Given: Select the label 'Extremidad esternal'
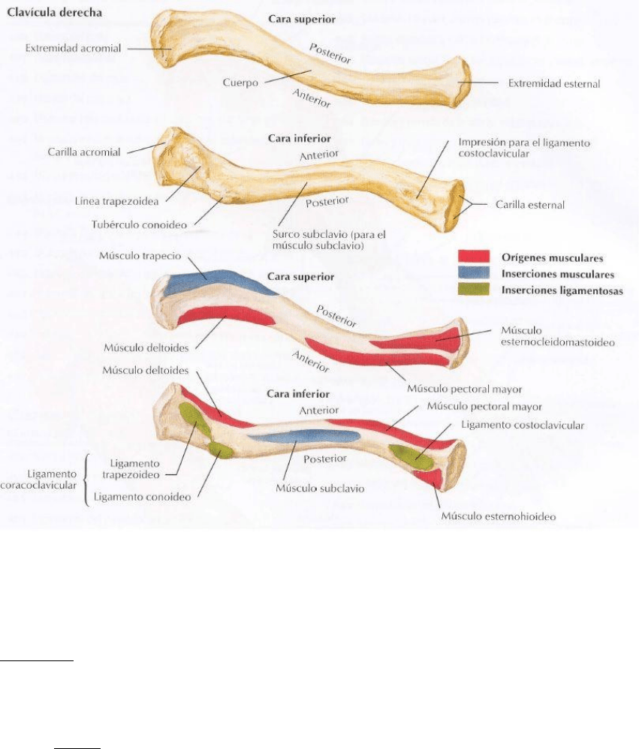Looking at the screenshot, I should click(553, 83).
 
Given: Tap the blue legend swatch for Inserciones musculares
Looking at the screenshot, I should click(474, 273).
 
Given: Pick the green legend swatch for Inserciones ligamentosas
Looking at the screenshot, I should click(474, 290).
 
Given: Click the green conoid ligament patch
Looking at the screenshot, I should click(220, 450).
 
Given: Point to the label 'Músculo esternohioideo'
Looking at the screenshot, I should click(499, 516).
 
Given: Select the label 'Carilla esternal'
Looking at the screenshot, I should click(530, 204).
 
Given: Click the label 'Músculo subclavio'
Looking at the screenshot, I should click(319, 489).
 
